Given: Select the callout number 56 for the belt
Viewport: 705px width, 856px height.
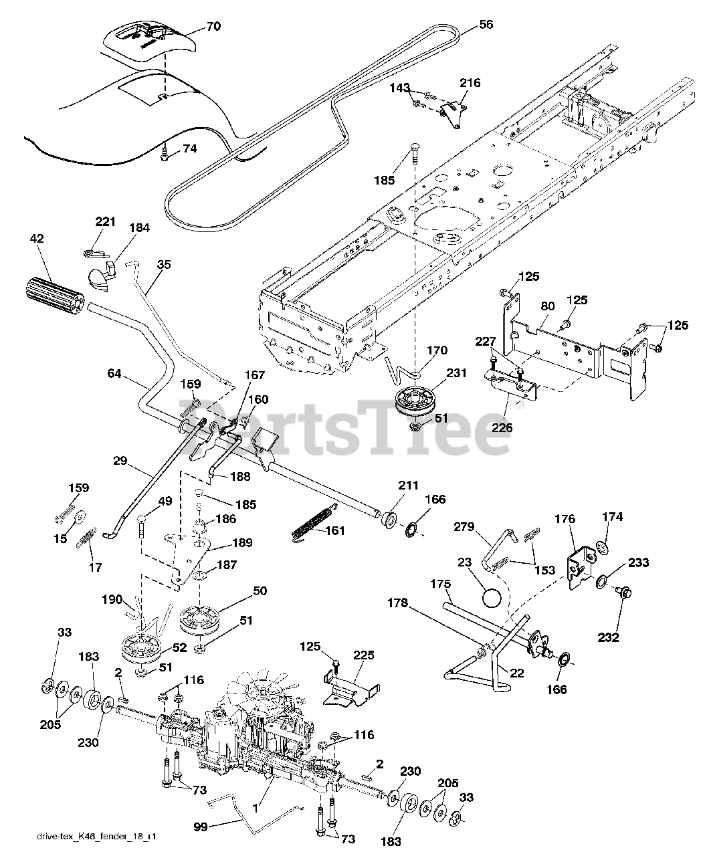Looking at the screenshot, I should coord(486,24).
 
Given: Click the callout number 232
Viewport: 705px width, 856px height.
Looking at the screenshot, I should coord(608,637).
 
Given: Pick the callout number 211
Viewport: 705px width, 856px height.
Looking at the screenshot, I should coord(409,485).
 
